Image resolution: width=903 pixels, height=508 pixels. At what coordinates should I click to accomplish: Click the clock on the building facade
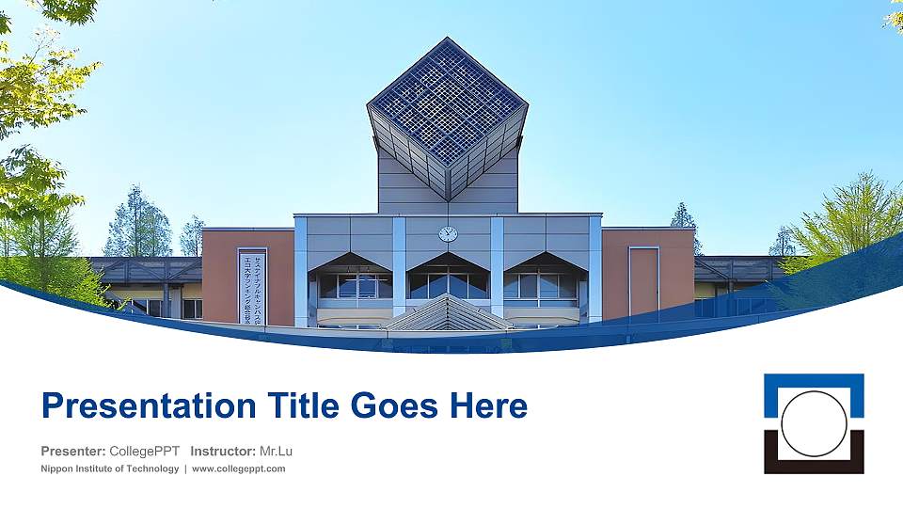[x=448, y=233]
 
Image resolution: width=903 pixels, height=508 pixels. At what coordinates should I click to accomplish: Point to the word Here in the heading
[x=487, y=406]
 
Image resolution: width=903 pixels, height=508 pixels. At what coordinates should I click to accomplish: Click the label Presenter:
[x=73, y=451]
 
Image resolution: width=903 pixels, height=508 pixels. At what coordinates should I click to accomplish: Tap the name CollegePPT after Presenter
[x=145, y=451]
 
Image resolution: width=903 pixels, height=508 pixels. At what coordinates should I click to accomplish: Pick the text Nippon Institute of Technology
[x=110, y=468]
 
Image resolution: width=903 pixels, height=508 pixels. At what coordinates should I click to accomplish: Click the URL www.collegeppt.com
[x=239, y=468]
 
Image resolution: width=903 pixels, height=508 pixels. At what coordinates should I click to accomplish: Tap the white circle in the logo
[x=814, y=423]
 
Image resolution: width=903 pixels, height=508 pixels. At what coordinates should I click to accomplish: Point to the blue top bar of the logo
[x=814, y=381]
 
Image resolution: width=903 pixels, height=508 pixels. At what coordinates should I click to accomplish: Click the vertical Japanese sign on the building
[x=252, y=286]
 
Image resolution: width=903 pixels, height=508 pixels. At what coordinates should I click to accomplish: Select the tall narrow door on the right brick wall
[x=644, y=282]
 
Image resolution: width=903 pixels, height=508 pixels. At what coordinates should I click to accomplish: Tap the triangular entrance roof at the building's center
[x=448, y=313]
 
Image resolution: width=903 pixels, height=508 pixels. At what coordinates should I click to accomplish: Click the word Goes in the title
[x=395, y=406]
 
